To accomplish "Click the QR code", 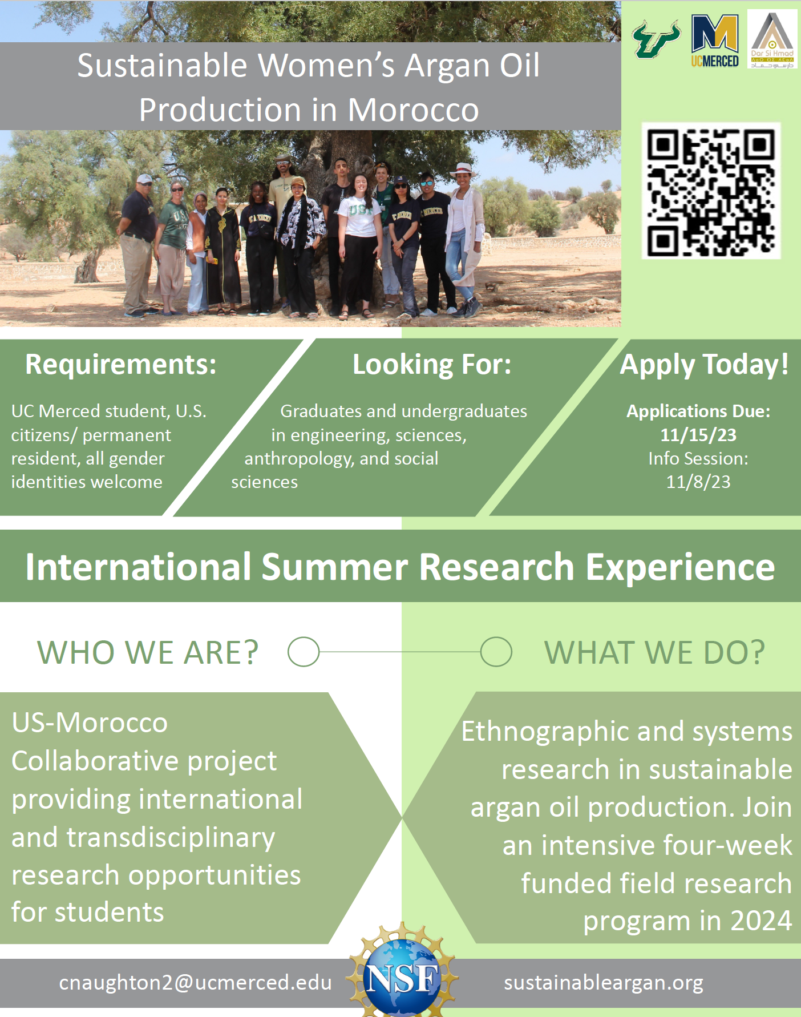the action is click(x=711, y=191).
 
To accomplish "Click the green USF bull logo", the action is click(x=656, y=39).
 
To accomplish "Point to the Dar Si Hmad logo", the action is click(x=772, y=39).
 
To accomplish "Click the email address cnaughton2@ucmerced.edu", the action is click(x=195, y=983).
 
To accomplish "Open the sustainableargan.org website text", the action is click(x=604, y=983).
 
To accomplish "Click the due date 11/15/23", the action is click(x=698, y=435).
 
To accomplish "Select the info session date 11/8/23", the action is click(x=698, y=482).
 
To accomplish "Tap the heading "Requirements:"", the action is click(x=121, y=364).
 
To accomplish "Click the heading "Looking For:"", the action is click(x=432, y=364).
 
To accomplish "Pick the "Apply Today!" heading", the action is click(x=705, y=365).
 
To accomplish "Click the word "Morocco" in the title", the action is click(x=414, y=110).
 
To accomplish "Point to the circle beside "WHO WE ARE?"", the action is click(x=304, y=652).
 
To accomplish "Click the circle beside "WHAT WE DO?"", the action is click(x=496, y=652).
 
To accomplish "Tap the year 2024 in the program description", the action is click(x=761, y=921).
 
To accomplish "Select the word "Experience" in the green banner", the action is click(x=680, y=567).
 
